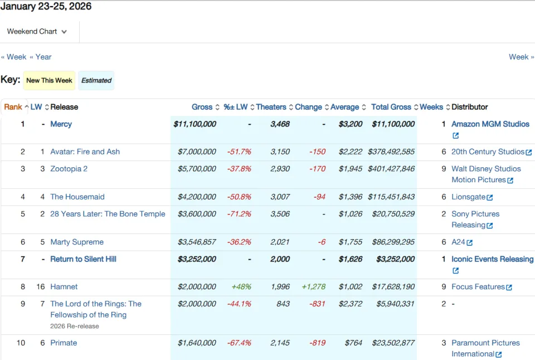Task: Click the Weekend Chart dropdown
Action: pos(37,31)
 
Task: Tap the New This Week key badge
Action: pos(49,81)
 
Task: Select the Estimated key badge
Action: pos(96,81)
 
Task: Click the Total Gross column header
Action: pos(391,107)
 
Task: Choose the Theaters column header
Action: pos(271,107)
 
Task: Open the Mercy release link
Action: pos(61,124)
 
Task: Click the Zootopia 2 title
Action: pos(69,168)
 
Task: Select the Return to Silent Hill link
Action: pos(83,259)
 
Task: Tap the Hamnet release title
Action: pos(64,286)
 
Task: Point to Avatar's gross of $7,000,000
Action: pos(197,152)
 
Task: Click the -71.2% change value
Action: pos(239,214)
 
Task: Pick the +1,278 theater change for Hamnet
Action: pos(314,286)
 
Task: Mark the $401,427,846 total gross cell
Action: pos(391,168)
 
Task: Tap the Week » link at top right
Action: pos(522,57)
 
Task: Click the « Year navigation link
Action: pos(41,57)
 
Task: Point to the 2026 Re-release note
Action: pos(74,326)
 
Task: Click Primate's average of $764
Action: pos(353,343)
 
